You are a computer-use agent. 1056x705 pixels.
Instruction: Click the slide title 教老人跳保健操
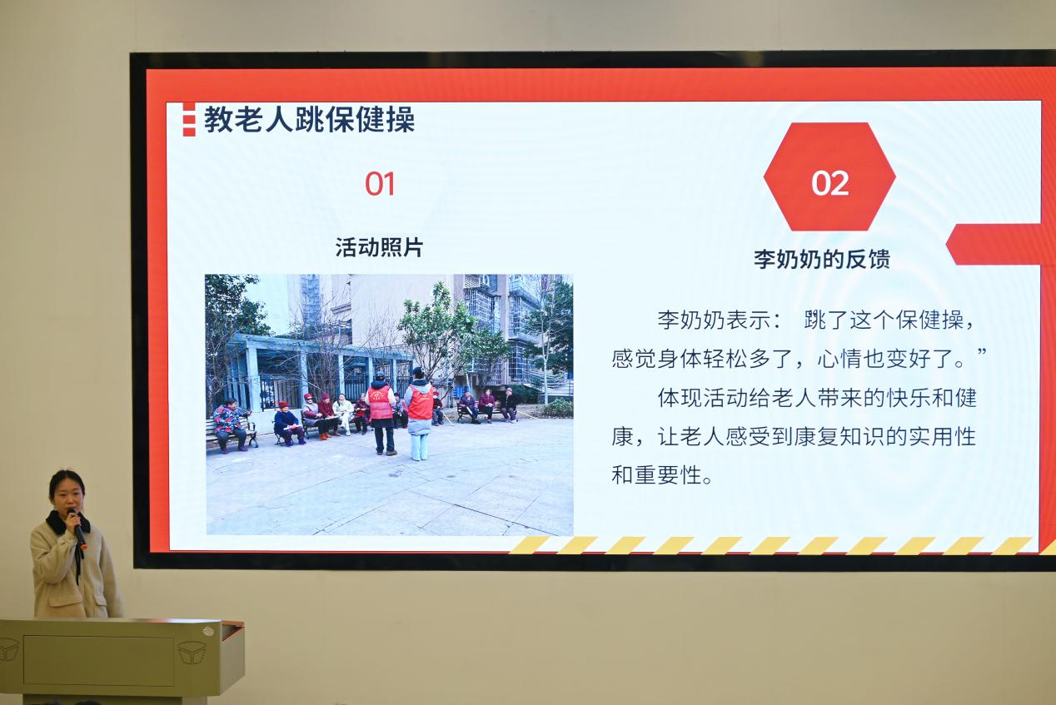click(x=309, y=120)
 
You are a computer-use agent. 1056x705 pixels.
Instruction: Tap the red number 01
click(x=380, y=184)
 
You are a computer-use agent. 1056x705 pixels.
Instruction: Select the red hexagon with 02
click(x=829, y=176)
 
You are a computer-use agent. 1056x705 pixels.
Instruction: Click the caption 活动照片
click(x=380, y=247)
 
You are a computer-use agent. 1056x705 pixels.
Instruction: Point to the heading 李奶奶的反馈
click(x=822, y=259)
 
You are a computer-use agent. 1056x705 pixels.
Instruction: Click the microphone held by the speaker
click(x=77, y=529)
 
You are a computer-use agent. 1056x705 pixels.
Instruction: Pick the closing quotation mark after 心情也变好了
click(x=982, y=353)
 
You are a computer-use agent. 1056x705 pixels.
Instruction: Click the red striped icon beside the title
click(x=188, y=119)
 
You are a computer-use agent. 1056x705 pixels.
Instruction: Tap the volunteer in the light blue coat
click(x=420, y=415)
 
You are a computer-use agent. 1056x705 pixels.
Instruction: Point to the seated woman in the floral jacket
click(x=230, y=425)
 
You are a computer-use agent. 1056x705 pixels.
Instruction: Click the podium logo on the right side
click(x=192, y=653)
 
